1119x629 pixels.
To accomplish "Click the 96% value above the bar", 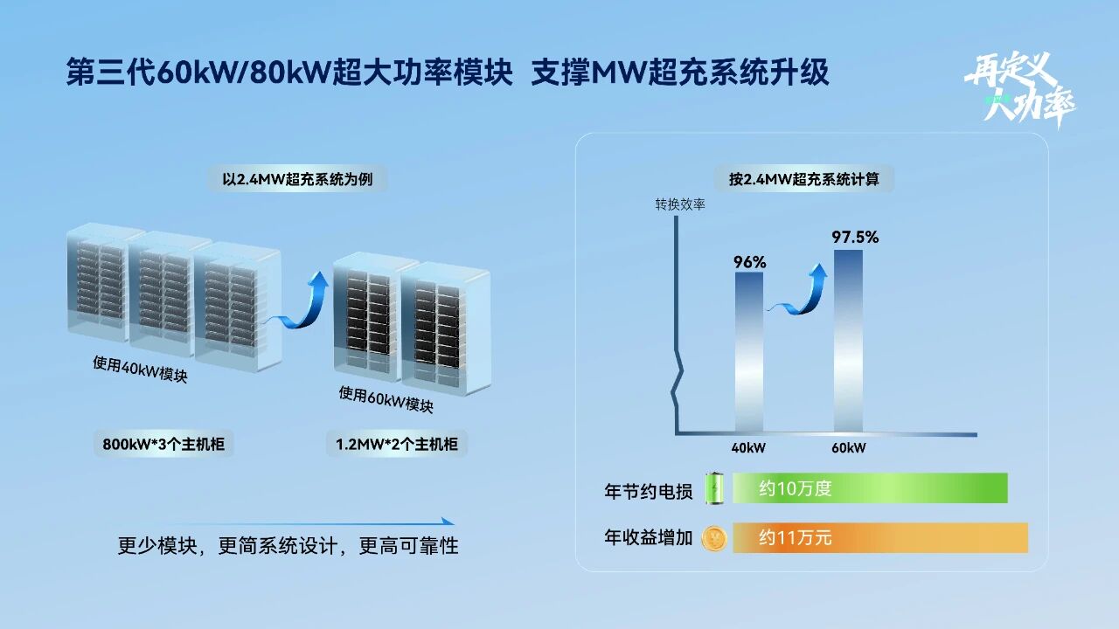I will [x=749, y=262].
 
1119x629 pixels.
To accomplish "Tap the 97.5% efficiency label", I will [x=855, y=237].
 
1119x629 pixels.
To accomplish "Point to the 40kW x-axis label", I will [x=748, y=448].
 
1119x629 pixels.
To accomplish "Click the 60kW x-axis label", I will [x=848, y=448].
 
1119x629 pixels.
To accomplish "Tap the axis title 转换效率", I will [x=680, y=205].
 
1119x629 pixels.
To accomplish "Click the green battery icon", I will [x=716, y=488].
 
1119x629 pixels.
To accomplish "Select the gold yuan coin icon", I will [x=715, y=537].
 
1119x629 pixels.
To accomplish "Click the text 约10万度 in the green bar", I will [x=795, y=488].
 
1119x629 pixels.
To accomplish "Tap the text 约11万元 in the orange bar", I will [x=795, y=537].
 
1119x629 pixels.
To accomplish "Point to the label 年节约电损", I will [x=648, y=491].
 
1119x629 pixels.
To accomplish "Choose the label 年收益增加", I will [x=648, y=537].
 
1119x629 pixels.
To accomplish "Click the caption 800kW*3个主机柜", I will [x=163, y=444].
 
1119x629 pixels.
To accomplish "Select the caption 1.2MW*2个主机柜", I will [x=397, y=444].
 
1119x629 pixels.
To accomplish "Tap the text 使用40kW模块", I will [x=140, y=370].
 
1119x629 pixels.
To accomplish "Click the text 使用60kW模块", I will [x=386, y=399].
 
